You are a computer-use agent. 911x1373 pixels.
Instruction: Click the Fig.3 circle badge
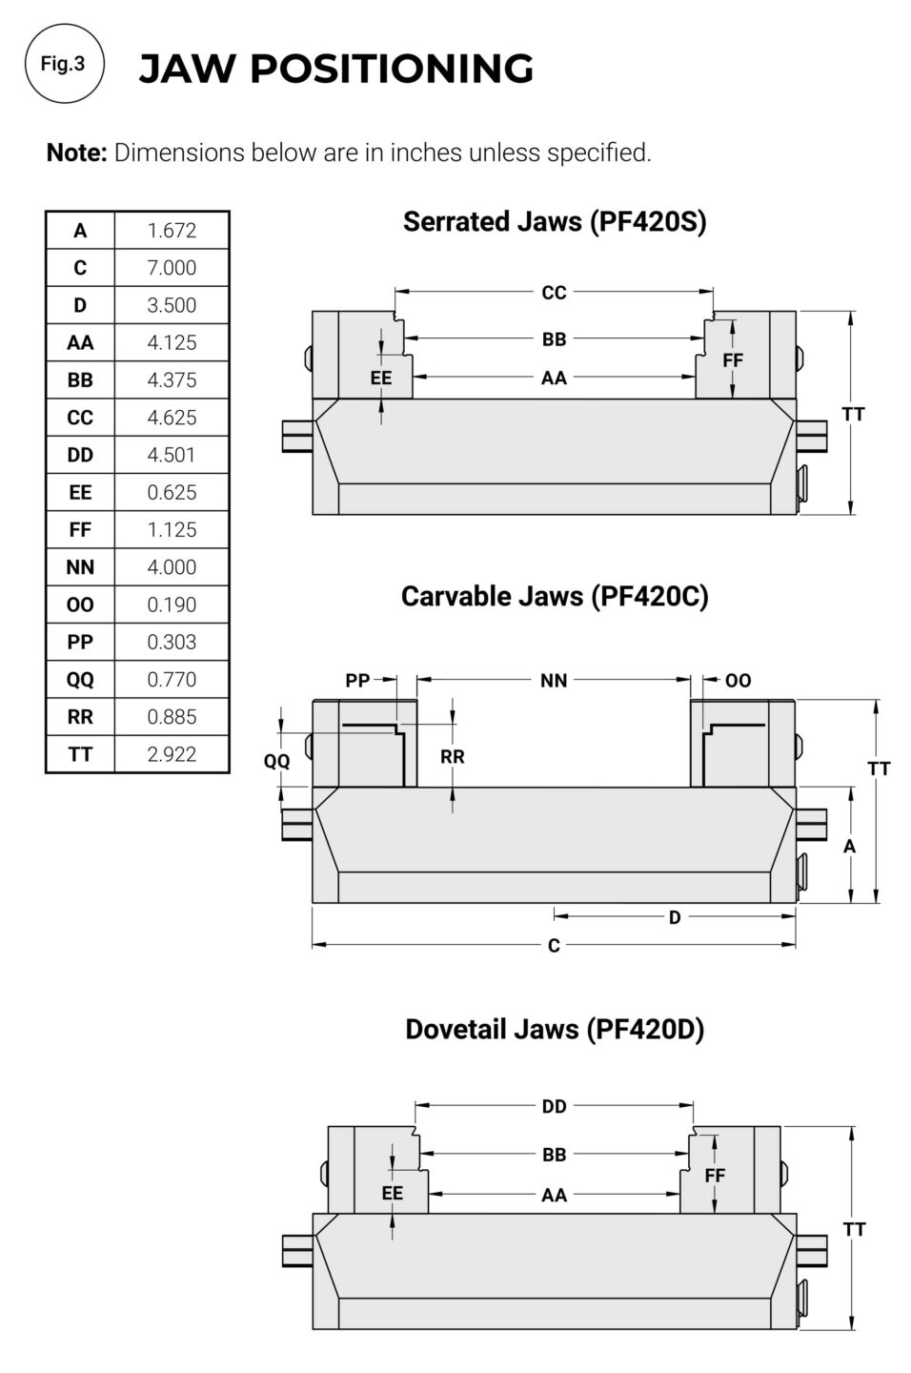(x=64, y=63)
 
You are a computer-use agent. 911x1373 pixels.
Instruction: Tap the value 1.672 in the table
(x=172, y=231)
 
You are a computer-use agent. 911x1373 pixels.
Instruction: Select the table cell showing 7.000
(x=172, y=268)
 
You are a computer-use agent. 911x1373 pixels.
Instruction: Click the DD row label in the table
(x=80, y=455)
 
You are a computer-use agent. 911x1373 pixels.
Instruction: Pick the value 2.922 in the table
(x=172, y=754)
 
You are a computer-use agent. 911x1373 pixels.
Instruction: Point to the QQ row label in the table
(x=80, y=679)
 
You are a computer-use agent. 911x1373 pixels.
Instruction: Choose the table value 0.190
(x=172, y=605)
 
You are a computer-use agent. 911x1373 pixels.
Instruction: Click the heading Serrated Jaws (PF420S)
(x=555, y=222)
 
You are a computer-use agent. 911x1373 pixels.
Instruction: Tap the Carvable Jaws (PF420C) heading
(x=555, y=597)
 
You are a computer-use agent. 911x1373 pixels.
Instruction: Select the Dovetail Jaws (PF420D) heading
(x=555, y=1029)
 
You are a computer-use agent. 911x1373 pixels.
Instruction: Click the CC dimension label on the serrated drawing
(x=554, y=293)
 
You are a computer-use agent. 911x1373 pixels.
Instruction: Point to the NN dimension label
(x=554, y=681)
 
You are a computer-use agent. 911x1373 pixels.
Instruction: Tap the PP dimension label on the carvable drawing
(x=357, y=681)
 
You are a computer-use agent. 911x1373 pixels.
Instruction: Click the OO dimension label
(x=738, y=681)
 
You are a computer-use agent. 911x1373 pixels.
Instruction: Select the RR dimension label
(x=453, y=757)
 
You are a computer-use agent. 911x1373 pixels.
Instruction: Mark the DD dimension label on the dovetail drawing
(x=554, y=1106)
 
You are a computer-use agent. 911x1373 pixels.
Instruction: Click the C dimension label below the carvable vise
(x=554, y=945)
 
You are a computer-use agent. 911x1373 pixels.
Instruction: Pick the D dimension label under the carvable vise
(x=675, y=917)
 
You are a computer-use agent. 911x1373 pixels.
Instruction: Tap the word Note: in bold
(x=77, y=153)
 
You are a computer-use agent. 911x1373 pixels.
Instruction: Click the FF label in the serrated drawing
(x=733, y=360)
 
